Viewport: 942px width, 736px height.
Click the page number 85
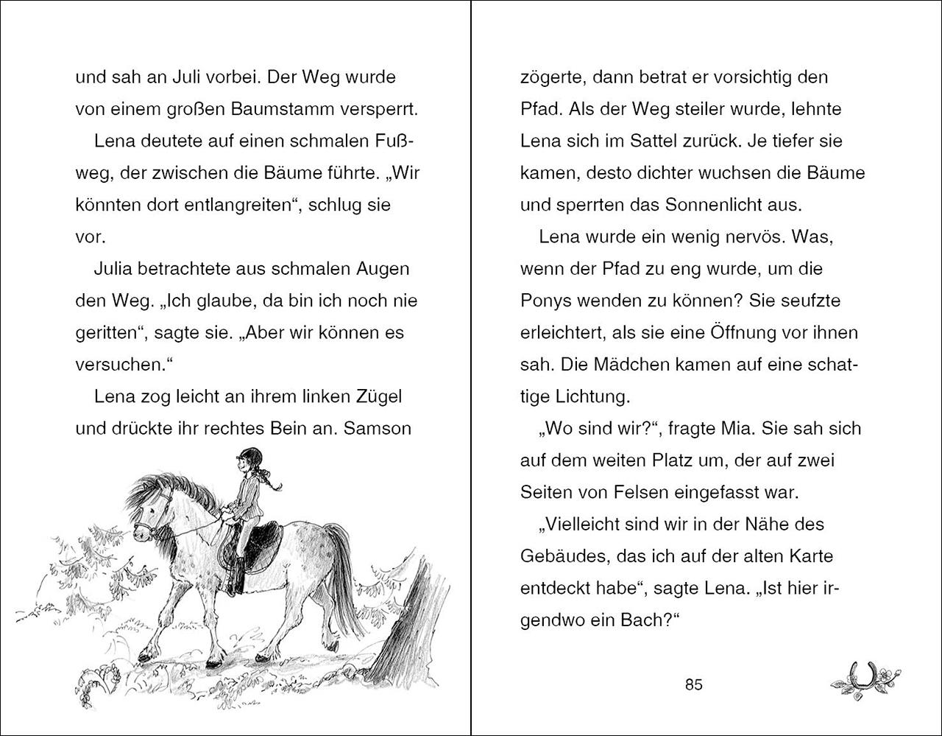(x=693, y=684)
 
